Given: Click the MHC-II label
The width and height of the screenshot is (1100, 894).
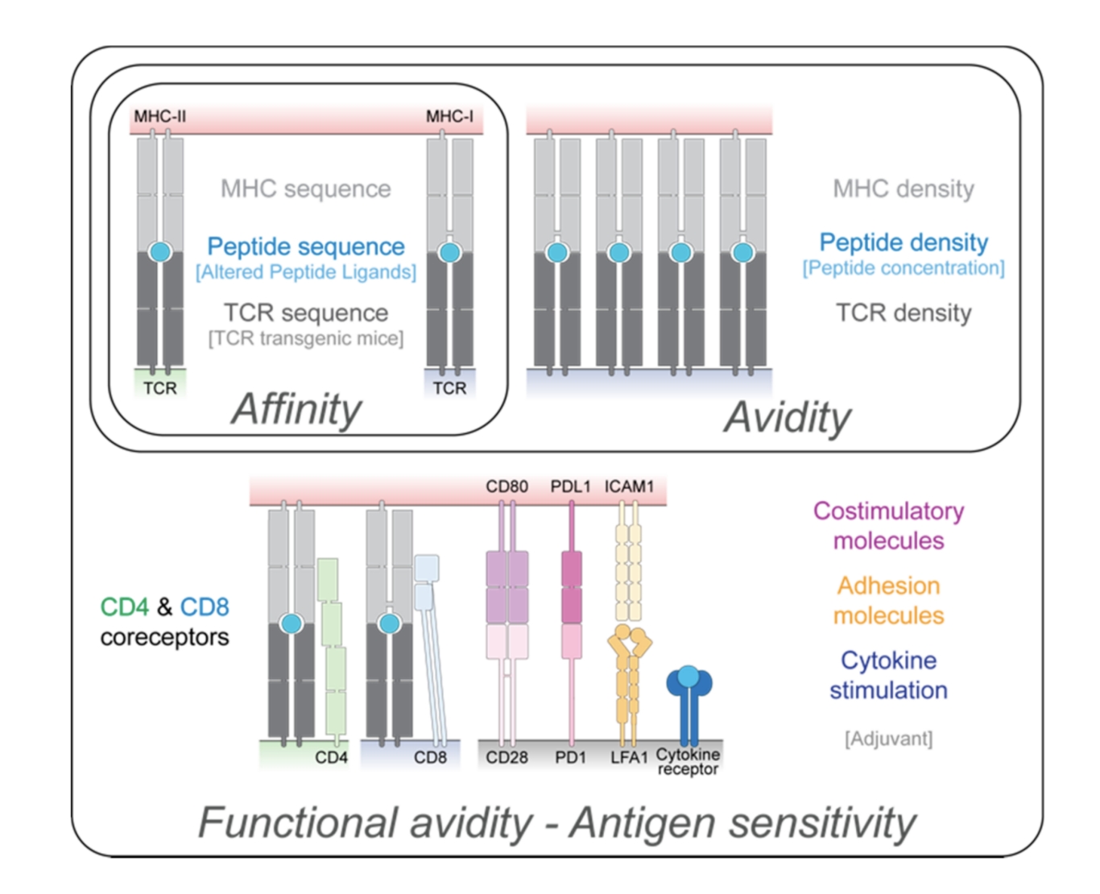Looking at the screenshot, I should [x=159, y=116].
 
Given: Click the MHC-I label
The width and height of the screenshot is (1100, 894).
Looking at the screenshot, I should [x=449, y=116].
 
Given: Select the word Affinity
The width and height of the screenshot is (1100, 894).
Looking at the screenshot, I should [x=297, y=409].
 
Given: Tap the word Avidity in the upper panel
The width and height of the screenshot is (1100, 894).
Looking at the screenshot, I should [x=787, y=417].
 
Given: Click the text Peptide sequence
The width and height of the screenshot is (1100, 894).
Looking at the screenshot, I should [x=306, y=246].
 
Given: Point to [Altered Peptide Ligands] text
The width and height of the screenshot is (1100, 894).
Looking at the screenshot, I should [x=306, y=272].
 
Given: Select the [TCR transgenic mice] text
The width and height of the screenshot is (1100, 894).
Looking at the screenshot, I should [x=306, y=338].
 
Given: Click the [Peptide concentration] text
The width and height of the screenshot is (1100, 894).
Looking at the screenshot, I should [x=904, y=268].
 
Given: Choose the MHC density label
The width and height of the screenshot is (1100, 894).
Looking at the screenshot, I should [x=904, y=189].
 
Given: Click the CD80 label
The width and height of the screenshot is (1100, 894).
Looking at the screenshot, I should [x=507, y=486].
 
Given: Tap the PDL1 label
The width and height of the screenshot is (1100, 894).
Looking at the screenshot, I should [x=570, y=486].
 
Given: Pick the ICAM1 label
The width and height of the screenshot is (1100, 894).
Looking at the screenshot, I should [x=629, y=486].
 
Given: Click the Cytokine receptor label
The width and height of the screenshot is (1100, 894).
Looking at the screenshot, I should [x=688, y=762].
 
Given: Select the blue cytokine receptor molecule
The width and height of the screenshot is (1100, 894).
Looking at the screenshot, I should [x=689, y=701].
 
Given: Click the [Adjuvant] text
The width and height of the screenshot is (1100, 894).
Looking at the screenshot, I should [x=888, y=739].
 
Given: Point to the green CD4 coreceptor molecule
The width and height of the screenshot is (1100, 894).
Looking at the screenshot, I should [x=332, y=644].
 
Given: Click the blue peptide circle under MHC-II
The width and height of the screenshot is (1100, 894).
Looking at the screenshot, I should [x=160, y=252].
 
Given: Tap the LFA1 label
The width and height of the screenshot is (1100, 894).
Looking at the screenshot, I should [x=629, y=758].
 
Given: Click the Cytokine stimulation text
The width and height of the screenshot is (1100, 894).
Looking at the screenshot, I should [x=888, y=675].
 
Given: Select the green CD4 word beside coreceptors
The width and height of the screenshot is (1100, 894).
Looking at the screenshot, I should [x=124, y=606].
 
